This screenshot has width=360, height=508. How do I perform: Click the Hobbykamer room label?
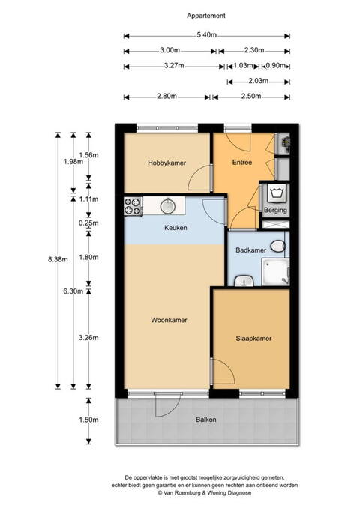[x=166, y=163]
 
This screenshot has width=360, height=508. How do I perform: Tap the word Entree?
[x=242, y=162]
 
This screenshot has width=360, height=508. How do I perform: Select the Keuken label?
[x=175, y=228]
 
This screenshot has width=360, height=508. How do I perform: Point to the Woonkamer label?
[x=169, y=320]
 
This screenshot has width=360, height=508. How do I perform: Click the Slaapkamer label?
[x=253, y=339]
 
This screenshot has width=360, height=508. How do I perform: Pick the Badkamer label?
[x=250, y=250]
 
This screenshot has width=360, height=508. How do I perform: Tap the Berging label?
[x=275, y=210]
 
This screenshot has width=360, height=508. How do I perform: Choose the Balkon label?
[x=206, y=420]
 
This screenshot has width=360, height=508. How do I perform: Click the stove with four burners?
[x=133, y=206]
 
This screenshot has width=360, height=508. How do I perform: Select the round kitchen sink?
[x=168, y=205]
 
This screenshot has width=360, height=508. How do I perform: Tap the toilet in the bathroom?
[x=278, y=246]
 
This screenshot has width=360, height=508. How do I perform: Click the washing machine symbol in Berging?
[x=277, y=193]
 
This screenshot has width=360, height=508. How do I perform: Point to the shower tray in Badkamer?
[x=275, y=272]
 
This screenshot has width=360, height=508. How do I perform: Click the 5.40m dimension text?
[x=206, y=35]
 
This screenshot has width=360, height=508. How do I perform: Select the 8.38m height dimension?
[x=58, y=259]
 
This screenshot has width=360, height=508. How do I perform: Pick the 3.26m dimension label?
[x=88, y=338]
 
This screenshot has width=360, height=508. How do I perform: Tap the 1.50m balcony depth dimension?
[x=88, y=420]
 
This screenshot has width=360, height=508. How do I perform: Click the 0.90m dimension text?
[x=276, y=65]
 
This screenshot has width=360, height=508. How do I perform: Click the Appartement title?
[x=206, y=16]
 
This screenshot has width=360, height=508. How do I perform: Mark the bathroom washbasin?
[x=244, y=281]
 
